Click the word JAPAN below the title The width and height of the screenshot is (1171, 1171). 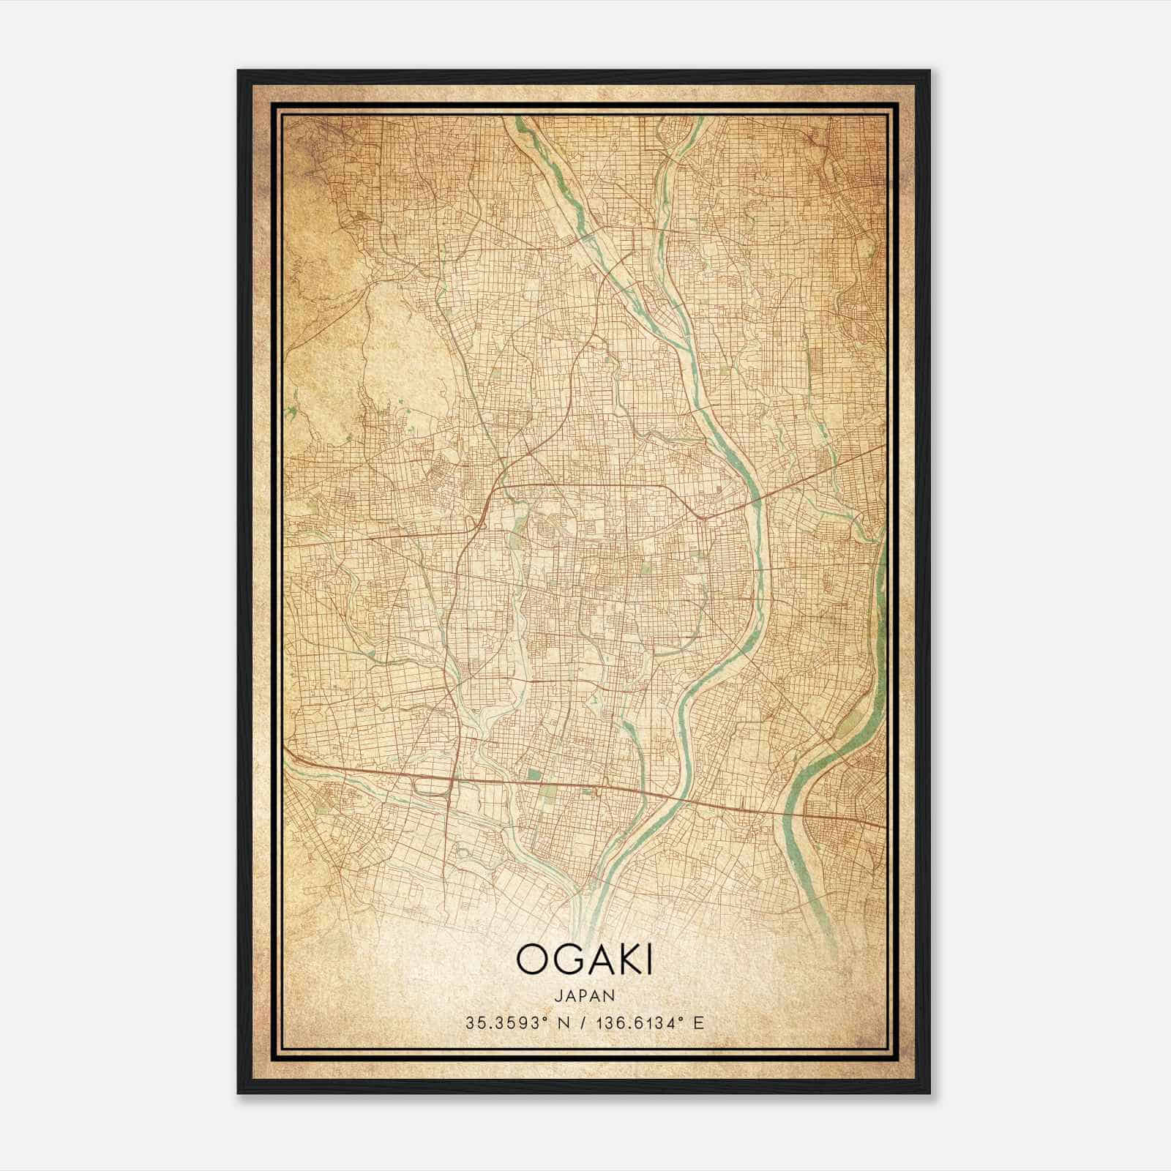(585, 996)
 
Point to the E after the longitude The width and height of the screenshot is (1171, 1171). (698, 1023)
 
